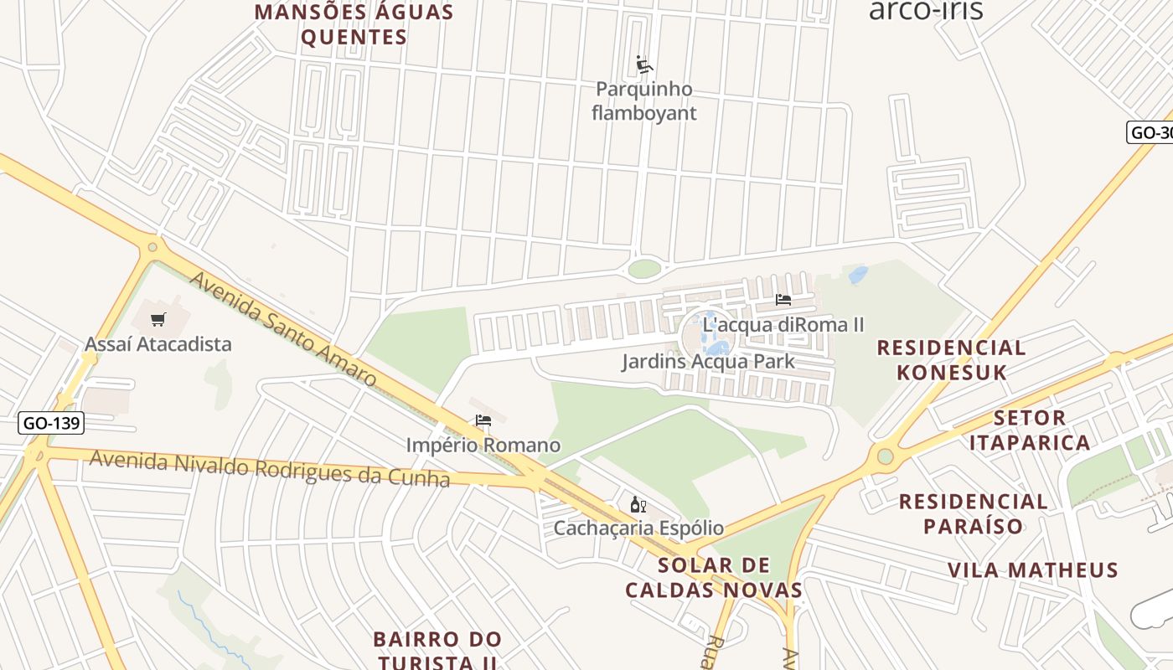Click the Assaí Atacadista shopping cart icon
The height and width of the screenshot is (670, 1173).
(x=158, y=319)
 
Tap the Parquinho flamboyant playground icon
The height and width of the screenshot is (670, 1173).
(x=643, y=64)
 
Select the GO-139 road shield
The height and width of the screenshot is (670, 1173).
(x=51, y=423)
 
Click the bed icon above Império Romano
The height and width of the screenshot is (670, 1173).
(x=483, y=420)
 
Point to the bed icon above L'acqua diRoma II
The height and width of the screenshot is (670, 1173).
(x=783, y=300)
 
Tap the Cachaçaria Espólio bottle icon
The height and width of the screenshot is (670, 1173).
(x=638, y=504)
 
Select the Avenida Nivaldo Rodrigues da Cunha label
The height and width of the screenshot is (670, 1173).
(x=269, y=468)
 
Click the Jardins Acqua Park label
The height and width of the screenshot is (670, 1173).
(x=708, y=362)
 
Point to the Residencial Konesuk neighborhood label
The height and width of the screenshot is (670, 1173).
(x=951, y=360)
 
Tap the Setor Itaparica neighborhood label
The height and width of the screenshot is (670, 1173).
(x=1030, y=430)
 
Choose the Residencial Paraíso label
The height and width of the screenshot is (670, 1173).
(x=973, y=513)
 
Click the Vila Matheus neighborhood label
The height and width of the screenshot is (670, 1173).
(x=1032, y=570)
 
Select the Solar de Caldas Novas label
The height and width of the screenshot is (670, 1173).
(x=714, y=577)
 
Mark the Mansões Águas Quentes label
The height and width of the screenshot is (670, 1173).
(x=354, y=25)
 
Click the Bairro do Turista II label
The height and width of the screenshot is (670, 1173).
(x=437, y=650)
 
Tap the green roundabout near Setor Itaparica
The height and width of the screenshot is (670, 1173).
(x=885, y=456)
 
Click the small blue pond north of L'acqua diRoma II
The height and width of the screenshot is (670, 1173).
(x=857, y=275)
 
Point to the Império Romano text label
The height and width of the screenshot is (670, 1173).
(x=483, y=445)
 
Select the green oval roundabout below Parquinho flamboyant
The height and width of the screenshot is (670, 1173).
(x=643, y=269)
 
